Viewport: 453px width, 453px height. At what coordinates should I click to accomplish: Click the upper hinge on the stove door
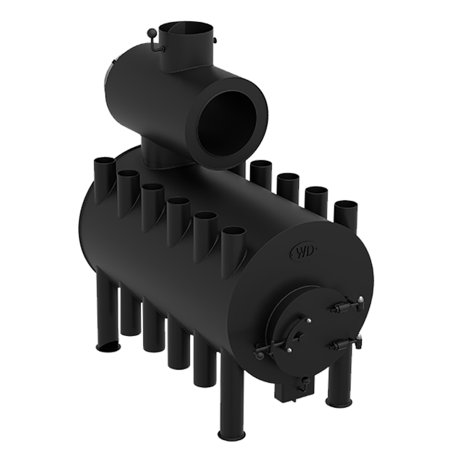[x=347, y=306]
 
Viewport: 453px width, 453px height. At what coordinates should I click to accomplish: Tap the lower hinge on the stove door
[x=347, y=343]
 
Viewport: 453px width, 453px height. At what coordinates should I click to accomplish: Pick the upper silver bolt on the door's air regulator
[x=309, y=320]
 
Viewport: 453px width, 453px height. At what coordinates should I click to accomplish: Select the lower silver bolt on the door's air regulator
[x=289, y=351]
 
